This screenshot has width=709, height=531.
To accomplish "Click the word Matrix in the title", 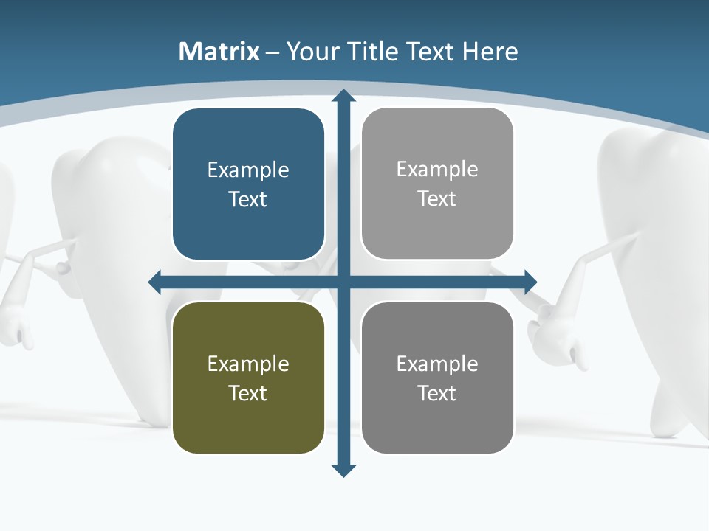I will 219,52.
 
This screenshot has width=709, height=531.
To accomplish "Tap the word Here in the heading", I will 490,52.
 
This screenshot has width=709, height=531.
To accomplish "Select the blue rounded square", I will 248,184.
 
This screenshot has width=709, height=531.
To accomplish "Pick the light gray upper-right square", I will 437,184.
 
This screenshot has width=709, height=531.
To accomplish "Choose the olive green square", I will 248,378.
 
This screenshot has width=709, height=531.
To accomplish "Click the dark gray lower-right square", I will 437,378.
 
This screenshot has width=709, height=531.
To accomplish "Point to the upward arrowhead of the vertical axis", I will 343,95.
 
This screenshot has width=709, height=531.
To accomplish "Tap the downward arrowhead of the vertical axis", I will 343,471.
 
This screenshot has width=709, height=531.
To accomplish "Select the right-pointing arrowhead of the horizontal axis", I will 530,282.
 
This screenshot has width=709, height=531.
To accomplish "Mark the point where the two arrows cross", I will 343,282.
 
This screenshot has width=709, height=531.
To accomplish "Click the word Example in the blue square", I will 248,170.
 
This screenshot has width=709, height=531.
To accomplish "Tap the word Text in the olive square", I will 248,393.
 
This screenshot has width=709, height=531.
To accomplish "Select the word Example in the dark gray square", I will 437,364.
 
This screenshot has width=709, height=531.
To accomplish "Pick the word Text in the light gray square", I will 437,198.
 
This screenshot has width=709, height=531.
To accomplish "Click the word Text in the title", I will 432,52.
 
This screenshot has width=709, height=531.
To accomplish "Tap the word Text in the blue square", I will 248,199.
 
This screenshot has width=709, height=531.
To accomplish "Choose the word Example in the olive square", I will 248,364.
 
